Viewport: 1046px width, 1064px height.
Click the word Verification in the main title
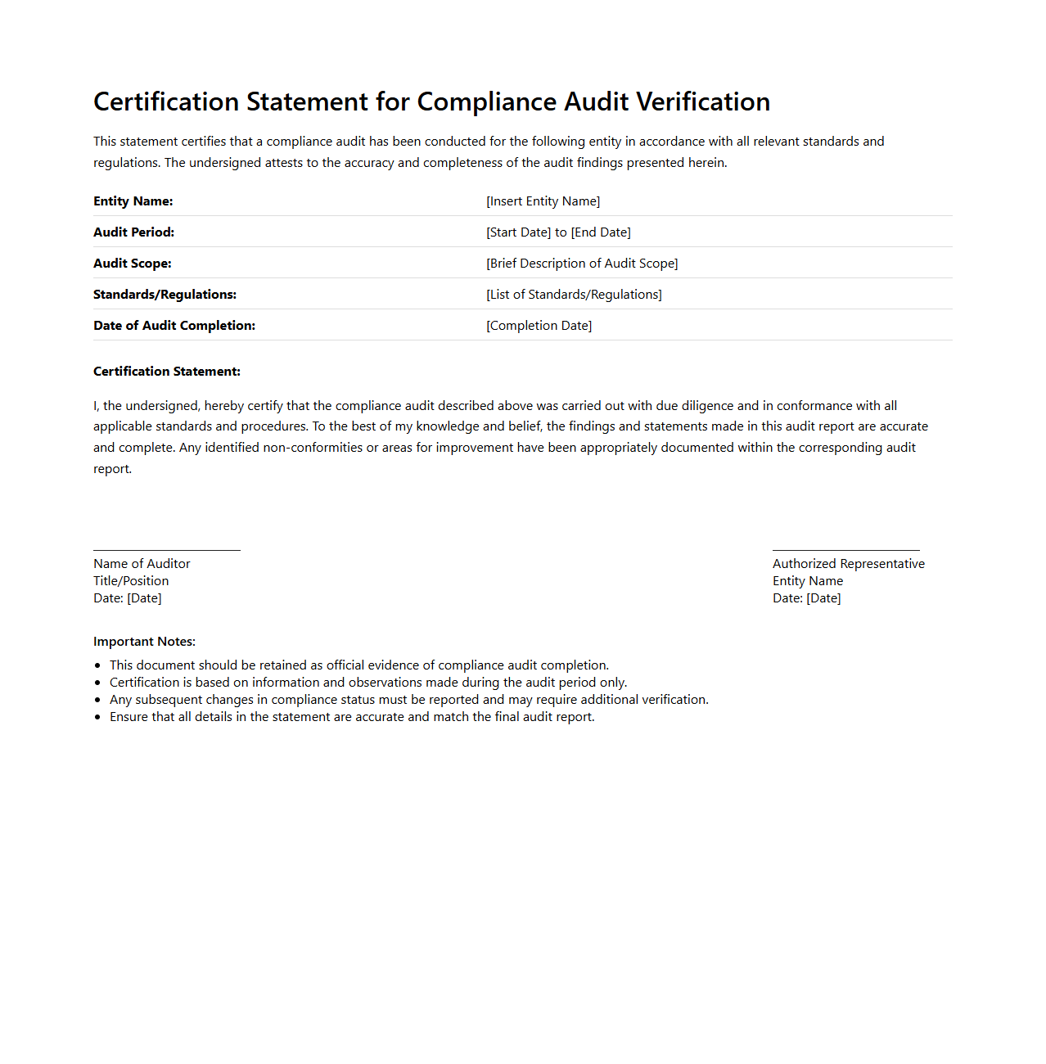point(702,101)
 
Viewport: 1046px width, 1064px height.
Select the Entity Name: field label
point(133,201)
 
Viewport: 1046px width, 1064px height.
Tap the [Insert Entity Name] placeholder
point(543,201)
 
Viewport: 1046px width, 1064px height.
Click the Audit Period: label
point(133,232)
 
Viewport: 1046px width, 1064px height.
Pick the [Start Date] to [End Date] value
point(558,232)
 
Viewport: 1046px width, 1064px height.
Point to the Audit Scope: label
point(133,264)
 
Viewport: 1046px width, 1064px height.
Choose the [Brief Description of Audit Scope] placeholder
point(582,264)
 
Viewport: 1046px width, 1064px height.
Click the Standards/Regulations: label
point(165,295)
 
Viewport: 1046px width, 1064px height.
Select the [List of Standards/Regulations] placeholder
point(574,295)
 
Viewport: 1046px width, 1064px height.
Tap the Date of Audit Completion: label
point(174,326)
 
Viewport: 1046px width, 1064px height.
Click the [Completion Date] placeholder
point(539,326)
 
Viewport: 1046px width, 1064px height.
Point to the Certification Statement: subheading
point(167,372)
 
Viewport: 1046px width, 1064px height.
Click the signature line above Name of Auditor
point(167,550)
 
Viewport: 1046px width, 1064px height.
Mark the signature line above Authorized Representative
point(845,550)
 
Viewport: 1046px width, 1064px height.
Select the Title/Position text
point(131,581)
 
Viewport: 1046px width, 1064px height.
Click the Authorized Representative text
point(848,564)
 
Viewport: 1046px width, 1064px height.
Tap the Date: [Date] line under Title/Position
point(128,598)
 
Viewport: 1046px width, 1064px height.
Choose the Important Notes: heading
point(144,642)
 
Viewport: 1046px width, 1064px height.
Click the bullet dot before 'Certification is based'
point(98,683)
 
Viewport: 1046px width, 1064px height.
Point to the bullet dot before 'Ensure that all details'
point(98,718)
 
